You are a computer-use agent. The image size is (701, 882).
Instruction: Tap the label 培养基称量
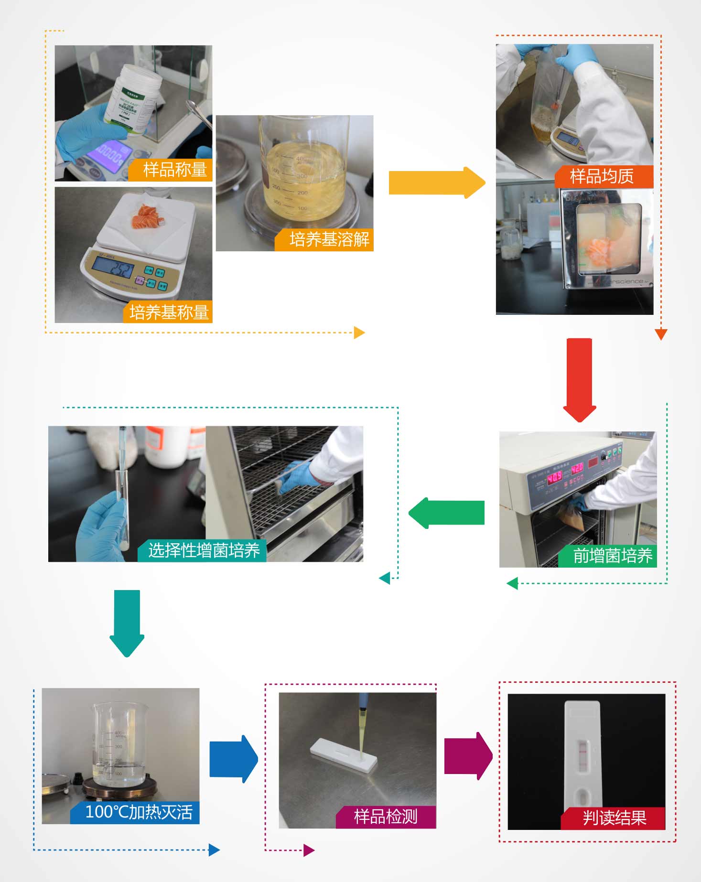click(169, 312)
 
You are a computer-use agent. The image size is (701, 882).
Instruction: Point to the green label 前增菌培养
click(612, 556)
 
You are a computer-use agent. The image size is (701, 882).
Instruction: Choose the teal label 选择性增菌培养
click(204, 550)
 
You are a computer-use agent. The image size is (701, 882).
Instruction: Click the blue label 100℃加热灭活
click(138, 812)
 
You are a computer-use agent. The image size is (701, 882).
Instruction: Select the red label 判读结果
click(615, 817)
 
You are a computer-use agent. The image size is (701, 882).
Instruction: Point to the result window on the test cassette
click(583, 753)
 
